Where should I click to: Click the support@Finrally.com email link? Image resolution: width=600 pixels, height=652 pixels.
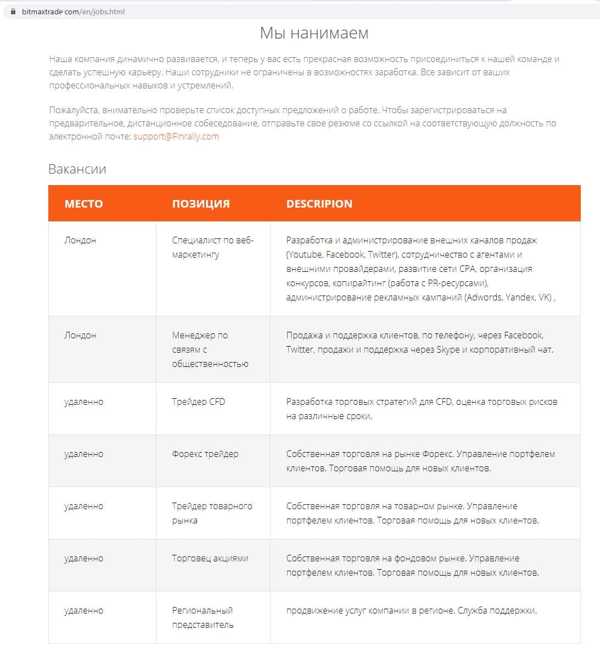tap(176, 136)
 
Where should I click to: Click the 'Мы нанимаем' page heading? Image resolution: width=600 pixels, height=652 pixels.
tap(314, 33)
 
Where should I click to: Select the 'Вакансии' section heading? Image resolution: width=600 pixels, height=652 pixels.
tap(77, 169)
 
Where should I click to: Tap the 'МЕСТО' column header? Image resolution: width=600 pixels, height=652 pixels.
tap(83, 204)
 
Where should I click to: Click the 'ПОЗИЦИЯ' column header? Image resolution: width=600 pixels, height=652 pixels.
tap(201, 204)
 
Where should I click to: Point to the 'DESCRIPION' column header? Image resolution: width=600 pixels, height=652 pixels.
tap(319, 204)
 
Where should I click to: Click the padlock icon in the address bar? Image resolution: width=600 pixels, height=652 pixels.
tap(14, 12)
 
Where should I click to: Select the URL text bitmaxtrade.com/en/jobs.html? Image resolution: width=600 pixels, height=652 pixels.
tap(73, 12)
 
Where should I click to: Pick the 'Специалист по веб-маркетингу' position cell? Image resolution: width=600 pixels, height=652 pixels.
tap(212, 247)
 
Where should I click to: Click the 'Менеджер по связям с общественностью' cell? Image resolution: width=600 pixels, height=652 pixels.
tap(210, 349)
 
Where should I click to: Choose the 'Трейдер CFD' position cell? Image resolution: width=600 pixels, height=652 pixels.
tap(198, 402)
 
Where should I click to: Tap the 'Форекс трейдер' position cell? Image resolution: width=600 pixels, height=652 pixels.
tap(205, 454)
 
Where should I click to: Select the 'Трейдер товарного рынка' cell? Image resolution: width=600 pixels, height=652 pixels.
tap(212, 513)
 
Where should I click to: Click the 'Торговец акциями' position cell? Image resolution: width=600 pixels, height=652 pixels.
tap(210, 558)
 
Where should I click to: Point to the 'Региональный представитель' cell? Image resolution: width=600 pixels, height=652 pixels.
tap(203, 617)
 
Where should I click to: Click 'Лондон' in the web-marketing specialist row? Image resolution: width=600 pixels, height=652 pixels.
tap(80, 240)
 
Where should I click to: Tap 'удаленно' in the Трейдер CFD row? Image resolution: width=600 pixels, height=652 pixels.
tap(83, 402)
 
